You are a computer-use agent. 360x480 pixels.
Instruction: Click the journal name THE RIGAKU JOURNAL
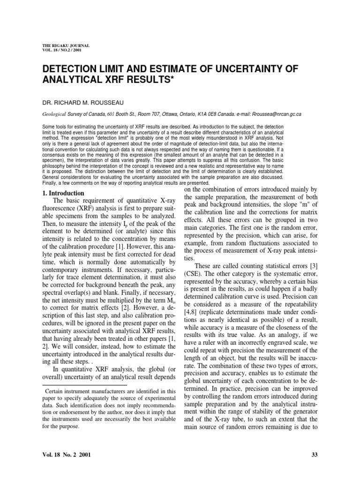66,45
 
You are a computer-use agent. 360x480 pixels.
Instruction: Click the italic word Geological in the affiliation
55,114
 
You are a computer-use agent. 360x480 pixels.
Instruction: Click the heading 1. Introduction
63,193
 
